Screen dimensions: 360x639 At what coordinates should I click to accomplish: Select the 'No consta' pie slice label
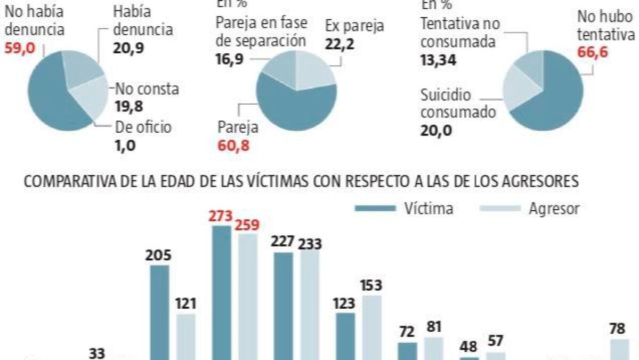click(x=147, y=89)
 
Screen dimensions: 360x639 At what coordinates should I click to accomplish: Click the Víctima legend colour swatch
click(x=376, y=208)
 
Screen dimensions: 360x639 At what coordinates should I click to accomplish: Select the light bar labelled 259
click(x=247, y=296)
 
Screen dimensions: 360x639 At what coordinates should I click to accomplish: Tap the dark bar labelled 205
click(x=160, y=312)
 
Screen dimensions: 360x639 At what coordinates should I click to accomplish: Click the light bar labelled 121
click(x=185, y=336)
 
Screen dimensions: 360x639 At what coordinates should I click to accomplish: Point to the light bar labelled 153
click(x=372, y=327)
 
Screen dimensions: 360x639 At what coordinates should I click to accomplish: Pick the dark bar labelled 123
click(x=345, y=336)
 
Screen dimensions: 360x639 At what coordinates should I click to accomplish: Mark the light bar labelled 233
click(x=310, y=304)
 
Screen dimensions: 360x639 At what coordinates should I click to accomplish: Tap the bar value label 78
click(x=617, y=330)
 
